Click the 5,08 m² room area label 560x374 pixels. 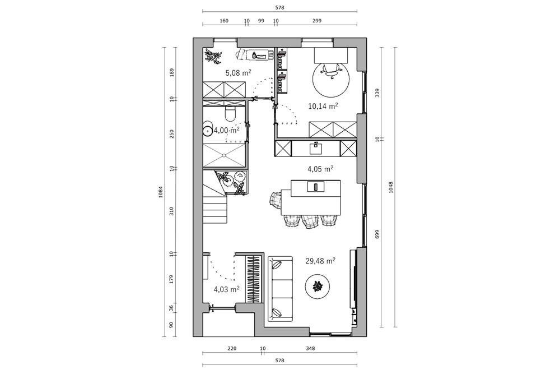point(238,73)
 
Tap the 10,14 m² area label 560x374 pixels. point(323,106)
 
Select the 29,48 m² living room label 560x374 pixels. point(320,261)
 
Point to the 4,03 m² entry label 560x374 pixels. point(226,289)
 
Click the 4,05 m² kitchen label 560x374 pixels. point(320,169)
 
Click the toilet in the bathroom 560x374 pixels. point(230,114)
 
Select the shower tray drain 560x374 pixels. point(224,155)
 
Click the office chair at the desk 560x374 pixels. point(331,71)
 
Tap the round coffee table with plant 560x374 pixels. point(317,286)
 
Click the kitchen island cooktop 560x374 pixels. point(316,186)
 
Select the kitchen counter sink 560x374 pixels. point(316,147)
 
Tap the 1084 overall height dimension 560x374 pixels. point(160,192)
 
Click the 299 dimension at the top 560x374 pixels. point(317,21)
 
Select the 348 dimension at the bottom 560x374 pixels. point(310,348)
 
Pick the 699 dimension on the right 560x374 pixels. point(377,234)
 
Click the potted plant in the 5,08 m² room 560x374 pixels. point(213,57)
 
